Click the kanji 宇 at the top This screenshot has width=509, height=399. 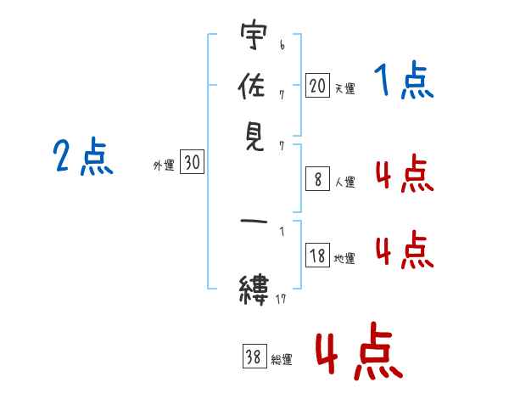click(254, 35)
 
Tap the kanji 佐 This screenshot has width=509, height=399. click(252, 86)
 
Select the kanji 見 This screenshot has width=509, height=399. click(255, 136)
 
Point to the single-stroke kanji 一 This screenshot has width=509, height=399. click(254, 222)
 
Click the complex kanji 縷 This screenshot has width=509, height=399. click(254, 290)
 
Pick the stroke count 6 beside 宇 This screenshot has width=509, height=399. click(282, 45)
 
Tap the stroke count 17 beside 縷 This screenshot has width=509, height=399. click(281, 299)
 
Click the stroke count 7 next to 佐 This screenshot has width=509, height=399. click(282, 95)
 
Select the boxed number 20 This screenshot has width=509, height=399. click(317, 86)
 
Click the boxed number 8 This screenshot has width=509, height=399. click(317, 179)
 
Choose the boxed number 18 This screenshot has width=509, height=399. click(317, 255)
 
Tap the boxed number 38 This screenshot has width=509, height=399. click(255, 356)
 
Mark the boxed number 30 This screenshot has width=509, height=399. click(193, 161)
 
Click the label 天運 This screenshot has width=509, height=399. click(344, 88)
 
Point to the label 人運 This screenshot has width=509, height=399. click(344, 182)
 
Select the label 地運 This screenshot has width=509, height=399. click(344, 258)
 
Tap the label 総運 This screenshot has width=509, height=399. click(282, 359)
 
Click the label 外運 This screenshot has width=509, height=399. click(164, 165)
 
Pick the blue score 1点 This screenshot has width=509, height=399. click(404, 80)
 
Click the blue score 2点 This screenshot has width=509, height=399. click(83, 156)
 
